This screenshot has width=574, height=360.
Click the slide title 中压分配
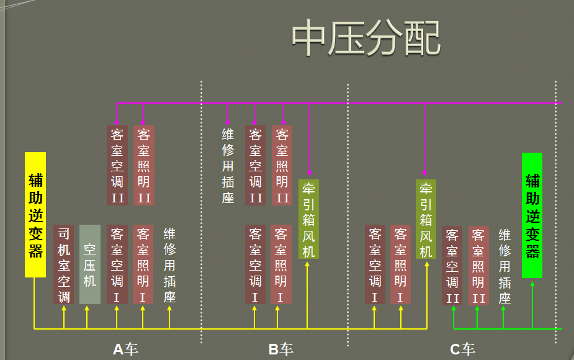[366, 38]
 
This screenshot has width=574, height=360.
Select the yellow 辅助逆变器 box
[35, 215]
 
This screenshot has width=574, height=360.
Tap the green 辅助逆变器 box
[532, 215]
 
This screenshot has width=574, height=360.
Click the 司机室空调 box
[64, 264]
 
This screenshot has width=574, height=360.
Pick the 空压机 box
[89, 264]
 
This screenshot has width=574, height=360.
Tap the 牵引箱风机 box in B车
[308, 219]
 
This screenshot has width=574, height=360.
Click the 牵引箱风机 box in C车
[426, 219]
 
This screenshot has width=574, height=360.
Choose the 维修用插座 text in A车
[169, 264]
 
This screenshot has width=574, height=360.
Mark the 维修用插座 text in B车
[228, 165]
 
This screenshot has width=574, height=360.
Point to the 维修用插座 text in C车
[504, 266]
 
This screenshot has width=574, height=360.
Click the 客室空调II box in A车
[117, 165]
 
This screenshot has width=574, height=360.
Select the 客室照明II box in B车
[282, 165]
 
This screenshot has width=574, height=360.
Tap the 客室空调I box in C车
[375, 264]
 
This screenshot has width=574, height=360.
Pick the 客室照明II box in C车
[478, 266]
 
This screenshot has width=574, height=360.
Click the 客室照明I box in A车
[143, 264]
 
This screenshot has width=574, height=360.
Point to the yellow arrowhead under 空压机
[87, 309]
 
